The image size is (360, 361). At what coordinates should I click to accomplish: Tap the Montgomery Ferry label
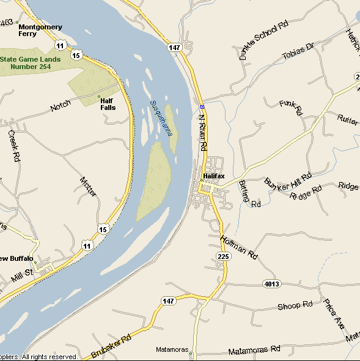coord(40,31)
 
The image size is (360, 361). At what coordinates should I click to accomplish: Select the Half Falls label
coord(108,104)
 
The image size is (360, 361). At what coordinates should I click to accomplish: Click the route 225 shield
coord(223,258)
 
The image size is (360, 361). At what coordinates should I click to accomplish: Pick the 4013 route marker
coord(272,283)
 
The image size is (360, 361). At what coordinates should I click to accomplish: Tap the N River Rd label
coord(203,131)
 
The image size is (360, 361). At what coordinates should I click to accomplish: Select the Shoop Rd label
coord(295,305)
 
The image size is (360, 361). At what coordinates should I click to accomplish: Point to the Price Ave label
coord(334,314)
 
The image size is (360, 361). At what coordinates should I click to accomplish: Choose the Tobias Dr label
coord(298,52)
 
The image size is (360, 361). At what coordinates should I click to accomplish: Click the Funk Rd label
coord(291,107)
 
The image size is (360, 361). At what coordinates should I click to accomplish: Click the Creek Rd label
coord(14,145)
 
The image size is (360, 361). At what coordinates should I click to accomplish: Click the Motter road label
coord(89,186)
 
